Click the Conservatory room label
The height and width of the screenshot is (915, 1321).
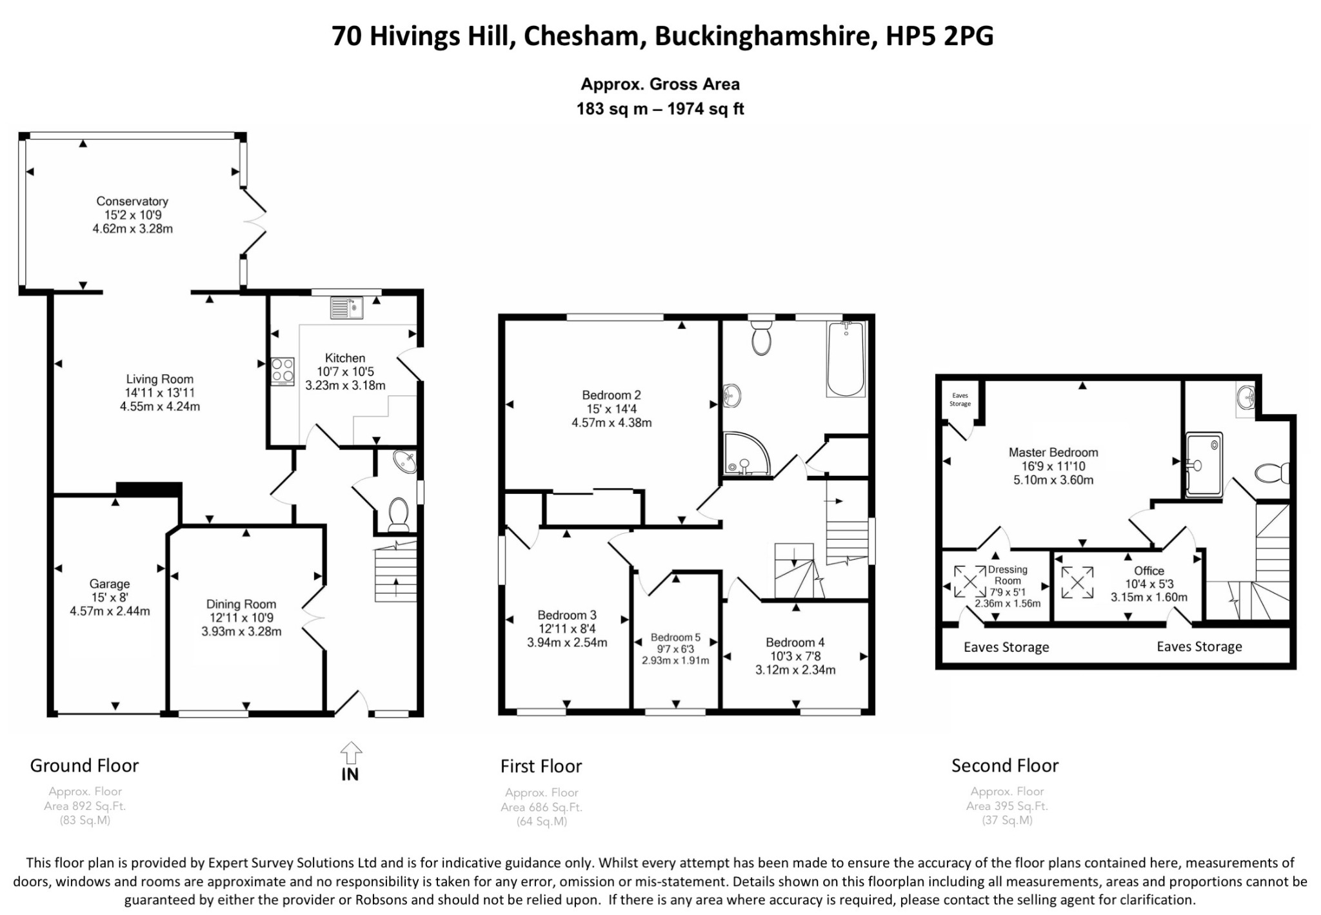click(x=132, y=201)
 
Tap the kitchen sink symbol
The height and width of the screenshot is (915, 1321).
click(x=347, y=308)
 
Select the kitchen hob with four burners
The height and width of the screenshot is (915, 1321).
click(x=283, y=371)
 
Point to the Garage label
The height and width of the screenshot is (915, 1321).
click(x=110, y=584)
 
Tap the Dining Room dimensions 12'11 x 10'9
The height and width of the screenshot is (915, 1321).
click(x=241, y=618)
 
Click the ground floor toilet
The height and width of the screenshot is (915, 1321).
click(x=399, y=514)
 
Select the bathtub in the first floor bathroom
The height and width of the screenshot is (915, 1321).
click(x=846, y=359)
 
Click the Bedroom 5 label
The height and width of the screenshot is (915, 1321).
click(x=675, y=637)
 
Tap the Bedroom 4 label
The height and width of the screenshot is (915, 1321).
click(x=795, y=642)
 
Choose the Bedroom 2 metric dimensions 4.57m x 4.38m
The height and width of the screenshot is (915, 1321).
click(x=611, y=423)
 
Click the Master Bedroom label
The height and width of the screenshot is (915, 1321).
click(x=1053, y=453)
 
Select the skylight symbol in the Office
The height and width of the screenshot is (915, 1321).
click(x=1077, y=582)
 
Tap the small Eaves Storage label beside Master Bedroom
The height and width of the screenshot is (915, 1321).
click(x=960, y=400)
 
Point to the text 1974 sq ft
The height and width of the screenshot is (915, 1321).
click(x=706, y=109)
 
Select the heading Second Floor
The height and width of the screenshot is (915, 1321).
click(x=1005, y=765)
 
